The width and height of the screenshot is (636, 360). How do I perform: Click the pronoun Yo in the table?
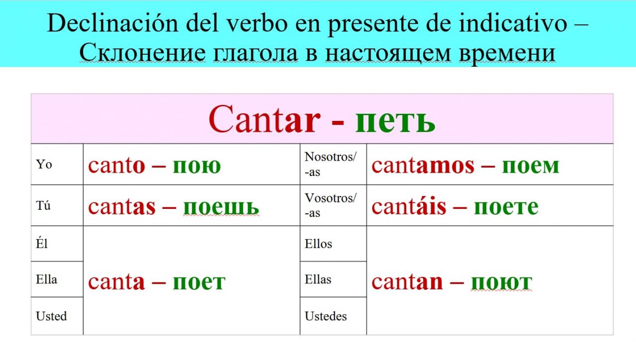coord(44,165)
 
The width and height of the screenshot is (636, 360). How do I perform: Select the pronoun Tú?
coord(43,205)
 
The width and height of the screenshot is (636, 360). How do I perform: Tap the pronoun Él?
coord(41,243)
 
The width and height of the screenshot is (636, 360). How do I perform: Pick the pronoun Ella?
coord(46,279)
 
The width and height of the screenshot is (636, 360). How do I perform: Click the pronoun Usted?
coord(51,316)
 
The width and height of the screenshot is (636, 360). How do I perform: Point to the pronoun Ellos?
coord(318,244)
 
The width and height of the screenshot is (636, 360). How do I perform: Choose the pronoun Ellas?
coord(318,279)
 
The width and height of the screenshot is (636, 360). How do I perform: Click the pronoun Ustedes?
coord(326,316)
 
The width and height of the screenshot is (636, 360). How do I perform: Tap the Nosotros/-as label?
coord(330,165)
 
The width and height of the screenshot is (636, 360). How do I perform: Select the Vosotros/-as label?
coord(330,205)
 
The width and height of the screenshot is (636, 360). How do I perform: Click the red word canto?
coord(116,166)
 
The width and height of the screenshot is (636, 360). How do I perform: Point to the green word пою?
coord(197,167)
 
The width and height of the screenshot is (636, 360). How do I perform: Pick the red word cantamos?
coord(423,166)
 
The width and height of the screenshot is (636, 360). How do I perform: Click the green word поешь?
coord(221,207)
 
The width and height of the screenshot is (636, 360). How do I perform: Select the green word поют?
coord(501,283)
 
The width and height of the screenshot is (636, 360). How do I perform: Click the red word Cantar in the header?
coord(265,119)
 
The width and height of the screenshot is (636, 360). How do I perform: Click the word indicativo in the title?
coord(513,23)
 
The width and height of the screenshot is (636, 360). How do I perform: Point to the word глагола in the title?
coord(255,53)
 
